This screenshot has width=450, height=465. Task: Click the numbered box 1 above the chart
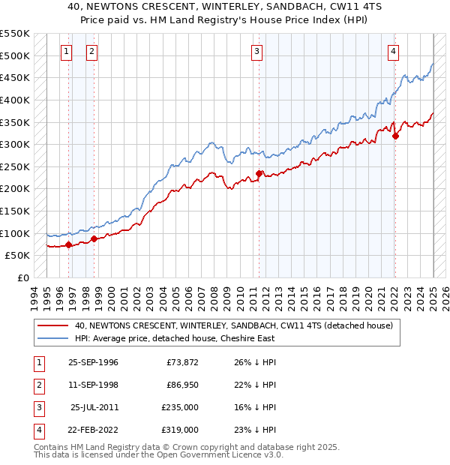coord(67,52)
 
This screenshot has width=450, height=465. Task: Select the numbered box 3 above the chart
coord(256,52)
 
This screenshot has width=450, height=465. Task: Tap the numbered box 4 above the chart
coord(393,52)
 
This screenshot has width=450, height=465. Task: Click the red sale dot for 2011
coord(259,173)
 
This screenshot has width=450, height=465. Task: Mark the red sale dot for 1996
coord(69,244)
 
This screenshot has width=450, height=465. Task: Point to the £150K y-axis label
coord(15,211)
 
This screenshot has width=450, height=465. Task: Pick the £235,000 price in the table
coord(180,407)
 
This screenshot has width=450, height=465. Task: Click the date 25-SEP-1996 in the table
coord(93,362)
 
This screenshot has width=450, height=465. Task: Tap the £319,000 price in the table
coord(180,430)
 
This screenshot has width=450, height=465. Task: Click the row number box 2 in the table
coord(37,385)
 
